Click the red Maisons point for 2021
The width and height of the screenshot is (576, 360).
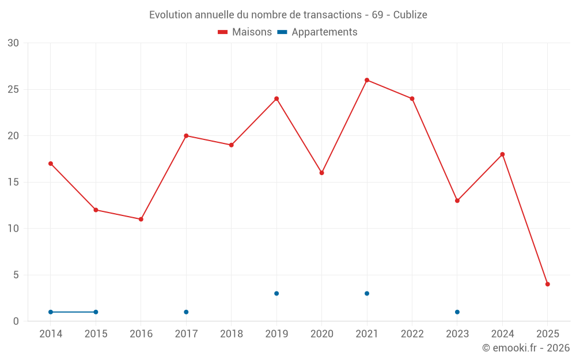click(x=367, y=80)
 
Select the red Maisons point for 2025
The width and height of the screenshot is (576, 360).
click(x=548, y=284)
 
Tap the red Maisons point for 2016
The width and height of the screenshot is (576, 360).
click(x=141, y=219)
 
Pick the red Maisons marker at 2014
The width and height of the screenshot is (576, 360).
click(x=51, y=164)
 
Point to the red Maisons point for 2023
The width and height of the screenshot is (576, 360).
click(x=457, y=200)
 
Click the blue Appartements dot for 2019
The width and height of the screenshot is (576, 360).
click(x=276, y=293)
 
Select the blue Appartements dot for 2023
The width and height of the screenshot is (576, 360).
click(x=457, y=312)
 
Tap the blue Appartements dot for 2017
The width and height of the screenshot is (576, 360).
click(x=186, y=312)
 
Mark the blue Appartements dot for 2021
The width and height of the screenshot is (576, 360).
click(x=367, y=293)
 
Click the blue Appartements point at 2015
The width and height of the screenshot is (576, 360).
click(x=96, y=312)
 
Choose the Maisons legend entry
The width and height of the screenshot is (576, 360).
click(x=245, y=32)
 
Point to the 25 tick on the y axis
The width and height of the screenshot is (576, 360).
click(x=13, y=89)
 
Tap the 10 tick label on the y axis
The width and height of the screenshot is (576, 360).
click(x=13, y=229)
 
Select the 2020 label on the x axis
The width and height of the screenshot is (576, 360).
click(x=322, y=334)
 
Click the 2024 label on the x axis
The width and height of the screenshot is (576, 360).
click(x=502, y=334)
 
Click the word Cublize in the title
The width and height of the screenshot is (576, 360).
click(x=410, y=15)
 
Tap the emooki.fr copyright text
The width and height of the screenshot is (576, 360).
click(x=525, y=348)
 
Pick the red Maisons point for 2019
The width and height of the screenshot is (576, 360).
click(x=276, y=98)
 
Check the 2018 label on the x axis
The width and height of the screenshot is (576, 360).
click(x=232, y=334)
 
